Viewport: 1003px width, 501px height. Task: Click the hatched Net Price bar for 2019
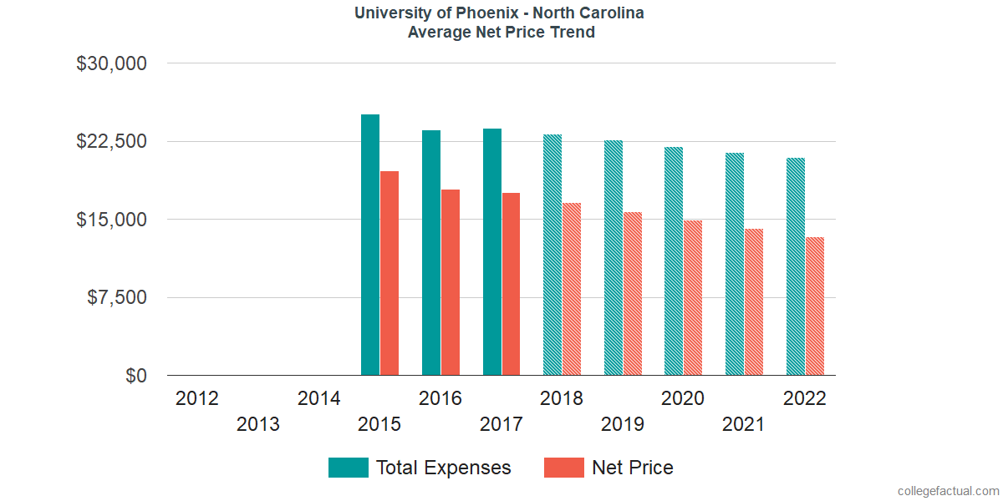click(x=633, y=294)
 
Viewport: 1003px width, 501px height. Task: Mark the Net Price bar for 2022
click(x=815, y=306)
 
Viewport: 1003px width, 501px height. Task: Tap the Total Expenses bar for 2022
click(x=796, y=266)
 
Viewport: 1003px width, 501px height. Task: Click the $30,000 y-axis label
click(x=111, y=63)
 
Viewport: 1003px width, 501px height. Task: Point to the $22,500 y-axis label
click(x=111, y=141)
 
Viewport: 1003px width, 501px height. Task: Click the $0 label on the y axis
click(x=136, y=377)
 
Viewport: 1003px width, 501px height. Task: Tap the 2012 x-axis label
click(x=197, y=398)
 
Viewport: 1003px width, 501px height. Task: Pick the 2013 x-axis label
click(x=258, y=425)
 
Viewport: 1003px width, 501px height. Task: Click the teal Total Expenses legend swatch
click(x=349, y=468)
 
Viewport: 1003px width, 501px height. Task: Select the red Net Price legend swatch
click(x=564, y=468)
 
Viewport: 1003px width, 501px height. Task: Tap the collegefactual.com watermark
click(x=948, y=491)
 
